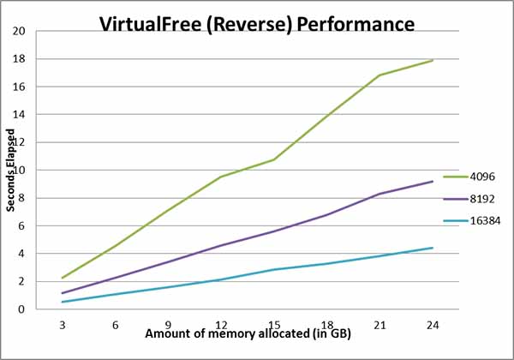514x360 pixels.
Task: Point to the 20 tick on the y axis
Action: [20, 32]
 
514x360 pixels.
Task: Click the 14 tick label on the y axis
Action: [20, 115]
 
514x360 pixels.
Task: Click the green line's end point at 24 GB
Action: [433, 61]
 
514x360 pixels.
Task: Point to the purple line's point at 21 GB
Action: [380, 194]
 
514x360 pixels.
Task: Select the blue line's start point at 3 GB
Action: [63, 302]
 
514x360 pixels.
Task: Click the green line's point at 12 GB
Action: [221, 177]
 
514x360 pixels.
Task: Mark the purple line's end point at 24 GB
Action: [433, 181]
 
